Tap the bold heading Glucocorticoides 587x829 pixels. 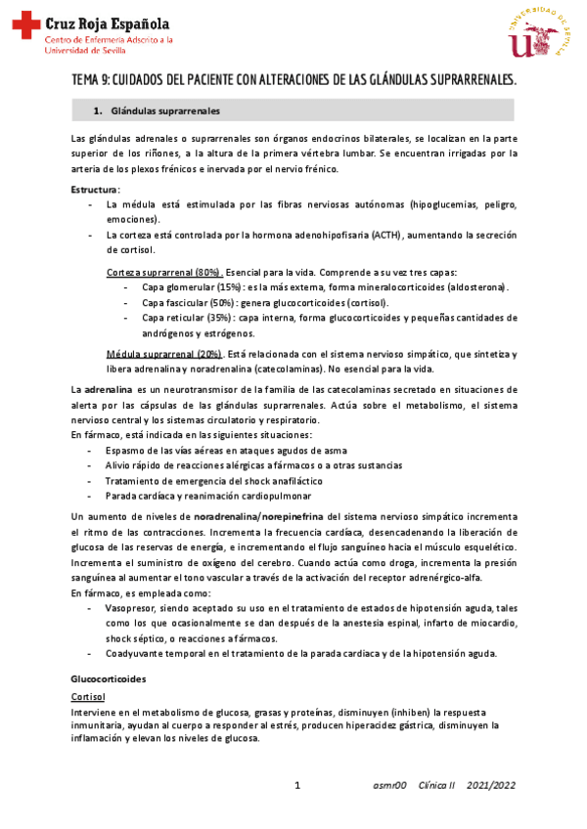pos(109,677)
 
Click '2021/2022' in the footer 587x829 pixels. pos(491,786)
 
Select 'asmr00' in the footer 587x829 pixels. pos(390,786)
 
